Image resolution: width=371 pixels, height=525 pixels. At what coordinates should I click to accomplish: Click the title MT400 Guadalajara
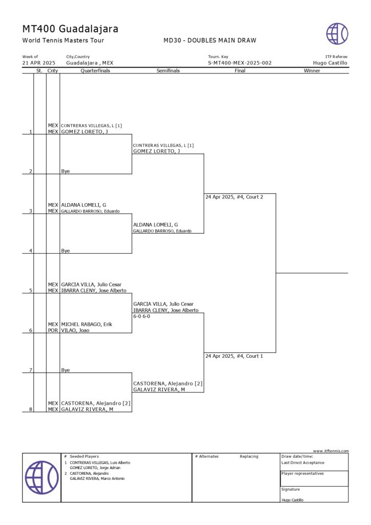click(70, 29)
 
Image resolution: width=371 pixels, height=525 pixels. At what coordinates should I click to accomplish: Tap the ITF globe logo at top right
click(337, 33)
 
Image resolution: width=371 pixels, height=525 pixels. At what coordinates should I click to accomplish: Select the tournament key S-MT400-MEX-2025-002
click(239, 63)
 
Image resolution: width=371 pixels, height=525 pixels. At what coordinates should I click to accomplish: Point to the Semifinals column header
click(168, 71)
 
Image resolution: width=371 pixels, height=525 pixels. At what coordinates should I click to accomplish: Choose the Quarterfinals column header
click(95, 71)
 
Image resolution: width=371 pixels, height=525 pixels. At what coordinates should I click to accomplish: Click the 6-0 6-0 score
click(141, 316)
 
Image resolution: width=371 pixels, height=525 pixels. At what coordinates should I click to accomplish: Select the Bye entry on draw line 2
click(65, 171)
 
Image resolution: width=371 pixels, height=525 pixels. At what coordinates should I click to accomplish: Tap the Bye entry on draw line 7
click(65, 370)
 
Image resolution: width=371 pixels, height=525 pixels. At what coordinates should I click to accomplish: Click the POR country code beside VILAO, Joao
click(53, 331)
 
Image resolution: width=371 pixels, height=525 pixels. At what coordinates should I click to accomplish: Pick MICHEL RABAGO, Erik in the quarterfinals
click(87, 325)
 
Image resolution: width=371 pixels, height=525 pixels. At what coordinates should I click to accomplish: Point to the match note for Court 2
click(234, 197)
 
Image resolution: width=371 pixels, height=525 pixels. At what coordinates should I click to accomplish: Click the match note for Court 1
click(234, 356)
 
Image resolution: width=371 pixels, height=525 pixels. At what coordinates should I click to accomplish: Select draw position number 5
click(31, 291)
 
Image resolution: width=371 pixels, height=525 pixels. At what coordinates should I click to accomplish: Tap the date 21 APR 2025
click(38, 63)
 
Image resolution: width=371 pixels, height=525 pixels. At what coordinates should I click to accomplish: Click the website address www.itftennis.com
click(331, 451)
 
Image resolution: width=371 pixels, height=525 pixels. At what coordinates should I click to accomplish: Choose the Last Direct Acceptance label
click(303, 462)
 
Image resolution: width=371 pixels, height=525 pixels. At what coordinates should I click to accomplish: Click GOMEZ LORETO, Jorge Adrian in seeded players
click(95, 468)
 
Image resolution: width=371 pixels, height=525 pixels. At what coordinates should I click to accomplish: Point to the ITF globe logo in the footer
click(42, 477)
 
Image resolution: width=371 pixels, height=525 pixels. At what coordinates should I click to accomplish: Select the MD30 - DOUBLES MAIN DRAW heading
click(210, 41)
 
